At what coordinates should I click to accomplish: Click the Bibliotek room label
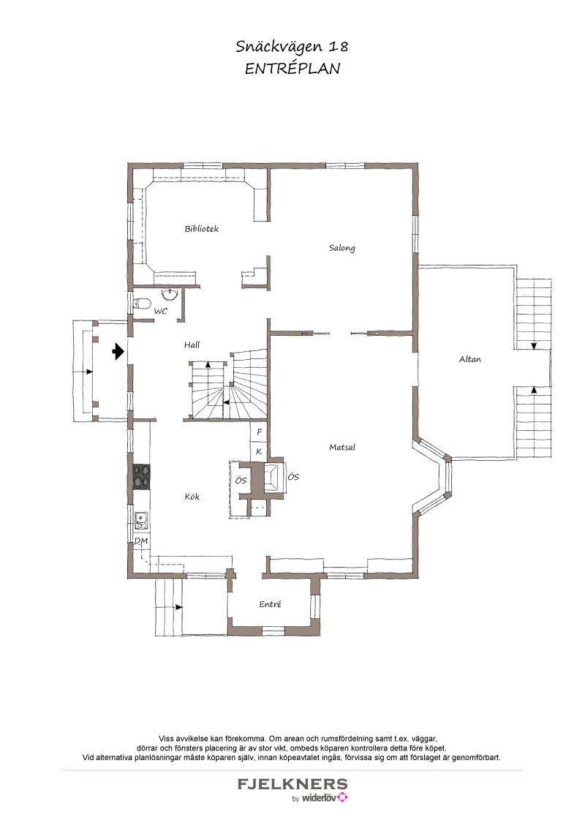[201, 229]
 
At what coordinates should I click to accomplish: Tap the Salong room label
[341, 248]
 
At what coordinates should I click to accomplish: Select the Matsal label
[342, 447]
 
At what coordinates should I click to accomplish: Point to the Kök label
[192, 497]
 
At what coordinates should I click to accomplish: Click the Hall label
[192, 345]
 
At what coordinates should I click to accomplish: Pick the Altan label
[470, 359]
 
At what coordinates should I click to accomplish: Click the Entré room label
[270, 604]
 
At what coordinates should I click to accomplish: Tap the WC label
[160, 312]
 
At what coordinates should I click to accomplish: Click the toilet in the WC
[142, 304]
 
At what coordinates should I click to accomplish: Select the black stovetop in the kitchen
[142, 476]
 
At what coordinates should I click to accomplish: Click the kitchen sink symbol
[141, 521]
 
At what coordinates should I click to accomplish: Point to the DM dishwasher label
[141, 541]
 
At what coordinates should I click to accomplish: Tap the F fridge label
[260, 432]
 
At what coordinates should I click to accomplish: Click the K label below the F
[260, 451]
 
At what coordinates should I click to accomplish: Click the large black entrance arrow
[118, 350]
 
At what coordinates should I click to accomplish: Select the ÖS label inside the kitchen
[241, 481]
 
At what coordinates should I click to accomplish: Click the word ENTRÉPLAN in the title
[292, 69]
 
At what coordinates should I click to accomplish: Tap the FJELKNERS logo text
[292, 783]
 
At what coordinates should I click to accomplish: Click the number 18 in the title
[339, 47]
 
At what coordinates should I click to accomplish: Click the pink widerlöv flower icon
[343, 797]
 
